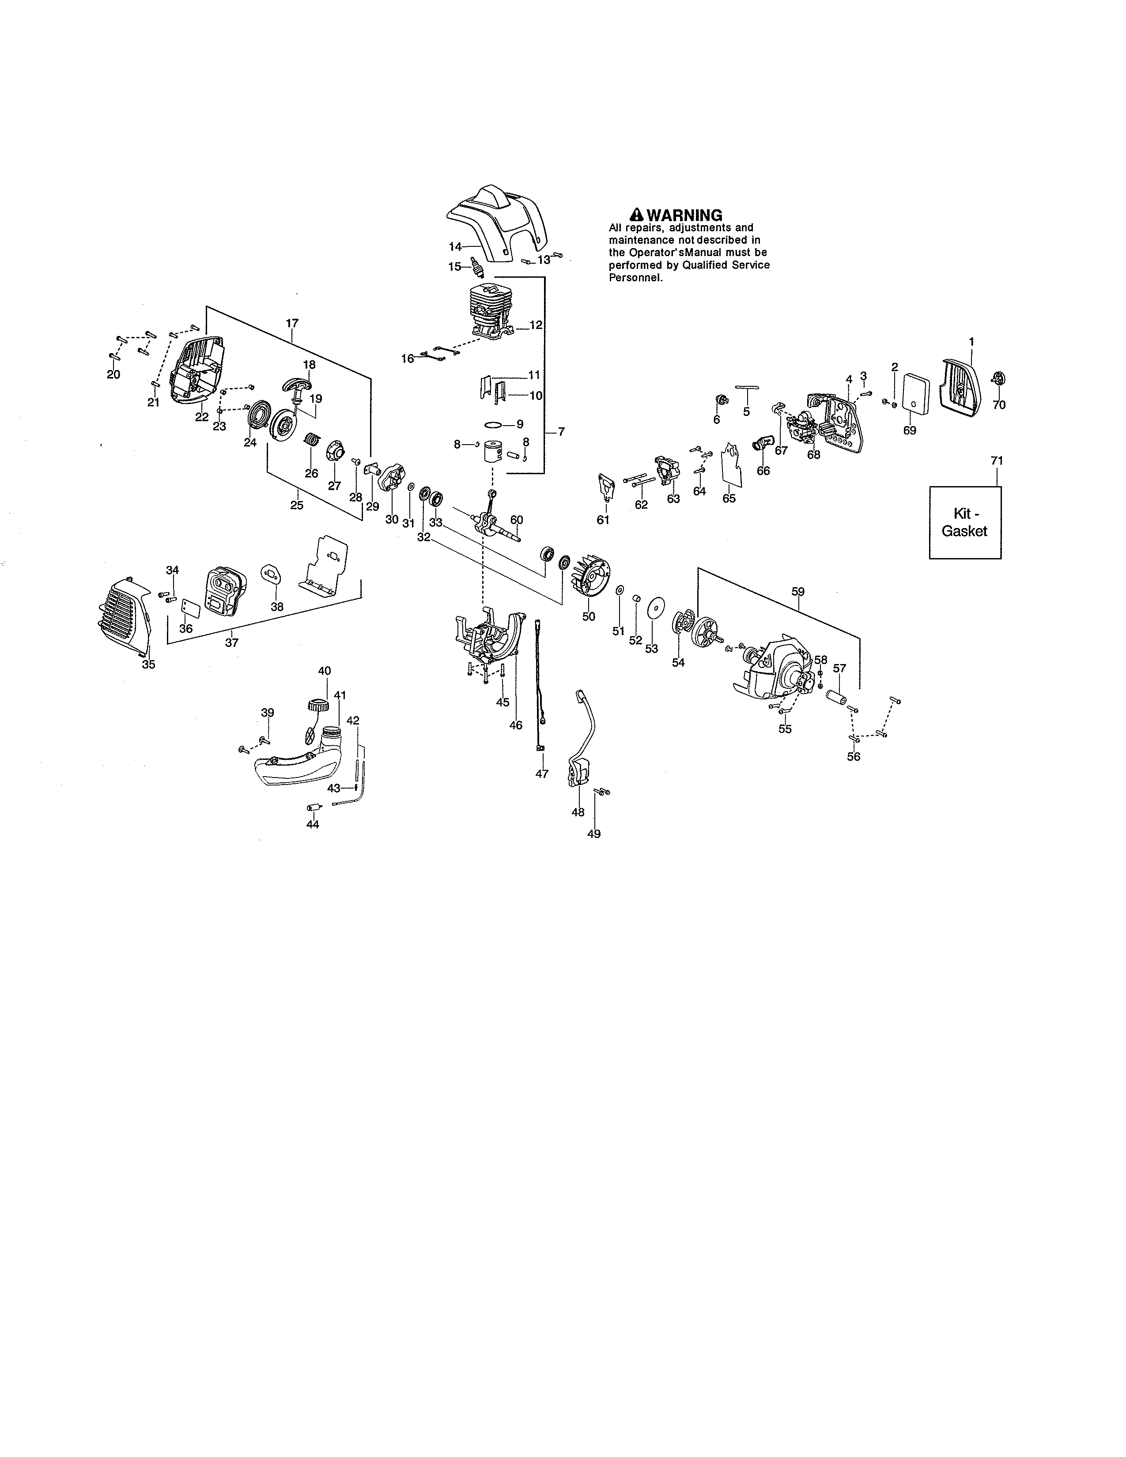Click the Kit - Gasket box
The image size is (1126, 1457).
964,522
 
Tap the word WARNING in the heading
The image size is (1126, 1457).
684,215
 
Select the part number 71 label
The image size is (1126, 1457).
997,461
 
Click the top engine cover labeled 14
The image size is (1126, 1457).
497,220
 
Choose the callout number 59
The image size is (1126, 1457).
798,591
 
